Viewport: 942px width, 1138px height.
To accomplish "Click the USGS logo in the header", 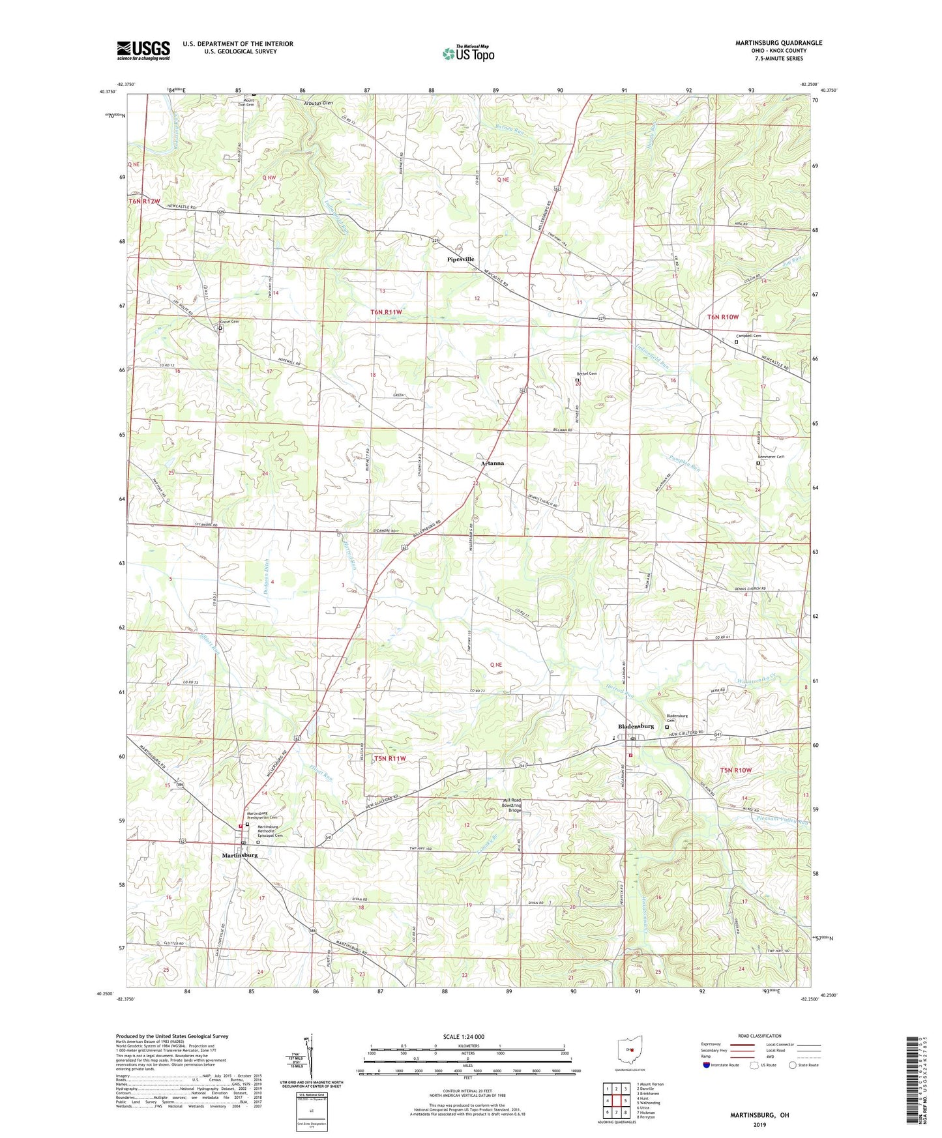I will (x=143, y=50).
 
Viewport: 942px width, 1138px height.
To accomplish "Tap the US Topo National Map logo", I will (x=468, y=53).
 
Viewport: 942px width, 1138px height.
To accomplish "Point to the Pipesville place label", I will (x=461, y=259).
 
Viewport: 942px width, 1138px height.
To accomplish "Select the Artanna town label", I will (x=492, y=463).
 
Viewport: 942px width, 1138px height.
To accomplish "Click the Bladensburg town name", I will (x=636, y=726).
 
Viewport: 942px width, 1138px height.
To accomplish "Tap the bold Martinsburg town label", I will (x=240, y=855).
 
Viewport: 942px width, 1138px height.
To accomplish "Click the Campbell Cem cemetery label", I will (x=748, y=336).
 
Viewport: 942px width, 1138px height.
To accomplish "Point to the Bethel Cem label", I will (x=586, y=373).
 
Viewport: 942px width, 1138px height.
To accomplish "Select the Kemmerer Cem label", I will (x=769, y=457).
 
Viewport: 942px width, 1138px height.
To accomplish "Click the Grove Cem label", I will (x=229, y=322).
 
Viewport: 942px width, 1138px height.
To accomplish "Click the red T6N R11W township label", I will (x=386, y=312).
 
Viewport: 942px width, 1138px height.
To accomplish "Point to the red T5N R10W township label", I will (x=735, y=770).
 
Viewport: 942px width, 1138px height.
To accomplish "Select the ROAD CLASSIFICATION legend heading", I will (x=759, y=1036).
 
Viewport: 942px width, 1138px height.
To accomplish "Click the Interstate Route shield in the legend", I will (x=707, y=1065).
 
